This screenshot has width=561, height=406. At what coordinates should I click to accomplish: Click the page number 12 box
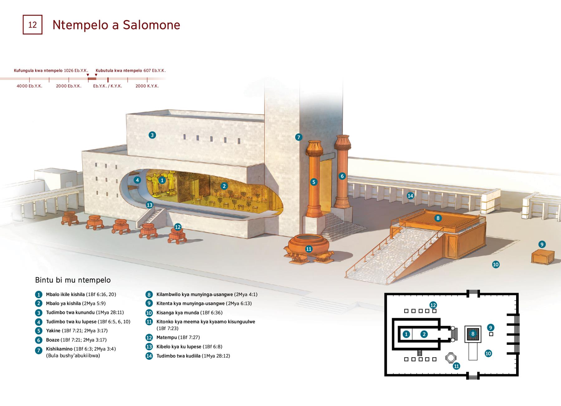(x=32, y=25)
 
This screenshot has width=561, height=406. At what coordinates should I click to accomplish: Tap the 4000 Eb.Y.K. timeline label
(x=29, y=86)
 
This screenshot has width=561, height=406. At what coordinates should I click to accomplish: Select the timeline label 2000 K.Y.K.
(x=147, y=86)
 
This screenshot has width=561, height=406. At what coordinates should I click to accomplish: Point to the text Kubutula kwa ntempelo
(x=119, y=71)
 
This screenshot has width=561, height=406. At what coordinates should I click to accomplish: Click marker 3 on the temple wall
(x=152, y=135)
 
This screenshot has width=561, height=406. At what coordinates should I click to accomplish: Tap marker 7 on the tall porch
(x=299, y=137)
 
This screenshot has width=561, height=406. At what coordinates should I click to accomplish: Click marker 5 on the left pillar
(x=314, y=182)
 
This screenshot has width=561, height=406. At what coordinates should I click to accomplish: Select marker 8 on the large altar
(x=438, y=218)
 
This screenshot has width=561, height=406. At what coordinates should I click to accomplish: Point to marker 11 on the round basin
(x=309, y=249)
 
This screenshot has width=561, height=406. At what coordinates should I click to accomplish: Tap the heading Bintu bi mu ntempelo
(x=73, y=280)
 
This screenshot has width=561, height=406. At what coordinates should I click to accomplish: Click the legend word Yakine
(x=53, y=331)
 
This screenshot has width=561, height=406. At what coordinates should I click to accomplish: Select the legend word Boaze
(x=52, y=340)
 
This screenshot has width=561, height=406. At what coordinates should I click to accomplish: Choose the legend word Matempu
(x=167, y=337)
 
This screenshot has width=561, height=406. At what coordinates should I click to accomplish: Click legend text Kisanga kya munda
(x=178, y=313)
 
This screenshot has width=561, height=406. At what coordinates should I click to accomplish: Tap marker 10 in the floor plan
(x=488, y=354)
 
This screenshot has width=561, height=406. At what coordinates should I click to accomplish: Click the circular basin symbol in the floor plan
(x=450, y=358)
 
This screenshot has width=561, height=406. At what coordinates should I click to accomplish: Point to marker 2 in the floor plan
(x=424, y=334)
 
